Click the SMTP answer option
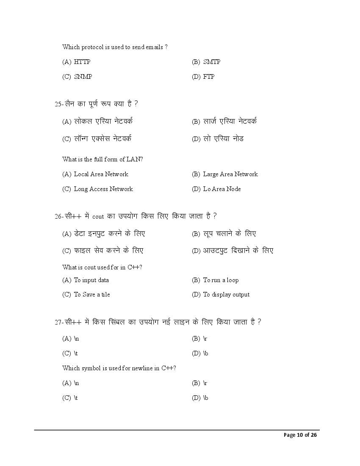click(x=211, y=62)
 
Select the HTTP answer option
click(x=82, y=62)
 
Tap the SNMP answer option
click(x=83, y=77)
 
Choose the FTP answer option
click(x=209, y=77)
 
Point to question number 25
click(x=58, y=104)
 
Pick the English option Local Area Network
click(x=101, y=174)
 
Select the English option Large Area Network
click(x=230, y=174)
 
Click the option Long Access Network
click(x=103, y=189)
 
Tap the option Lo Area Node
click(x=222, y=189)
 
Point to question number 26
click(x=58, y=216)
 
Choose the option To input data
click(x=91, y=280)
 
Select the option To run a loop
click(x=221, y=280)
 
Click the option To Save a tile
click(x=91, y=294)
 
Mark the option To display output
click(x=226, y=294)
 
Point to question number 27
click(x=58, y=322)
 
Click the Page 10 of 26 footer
click(x=300, y=435)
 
